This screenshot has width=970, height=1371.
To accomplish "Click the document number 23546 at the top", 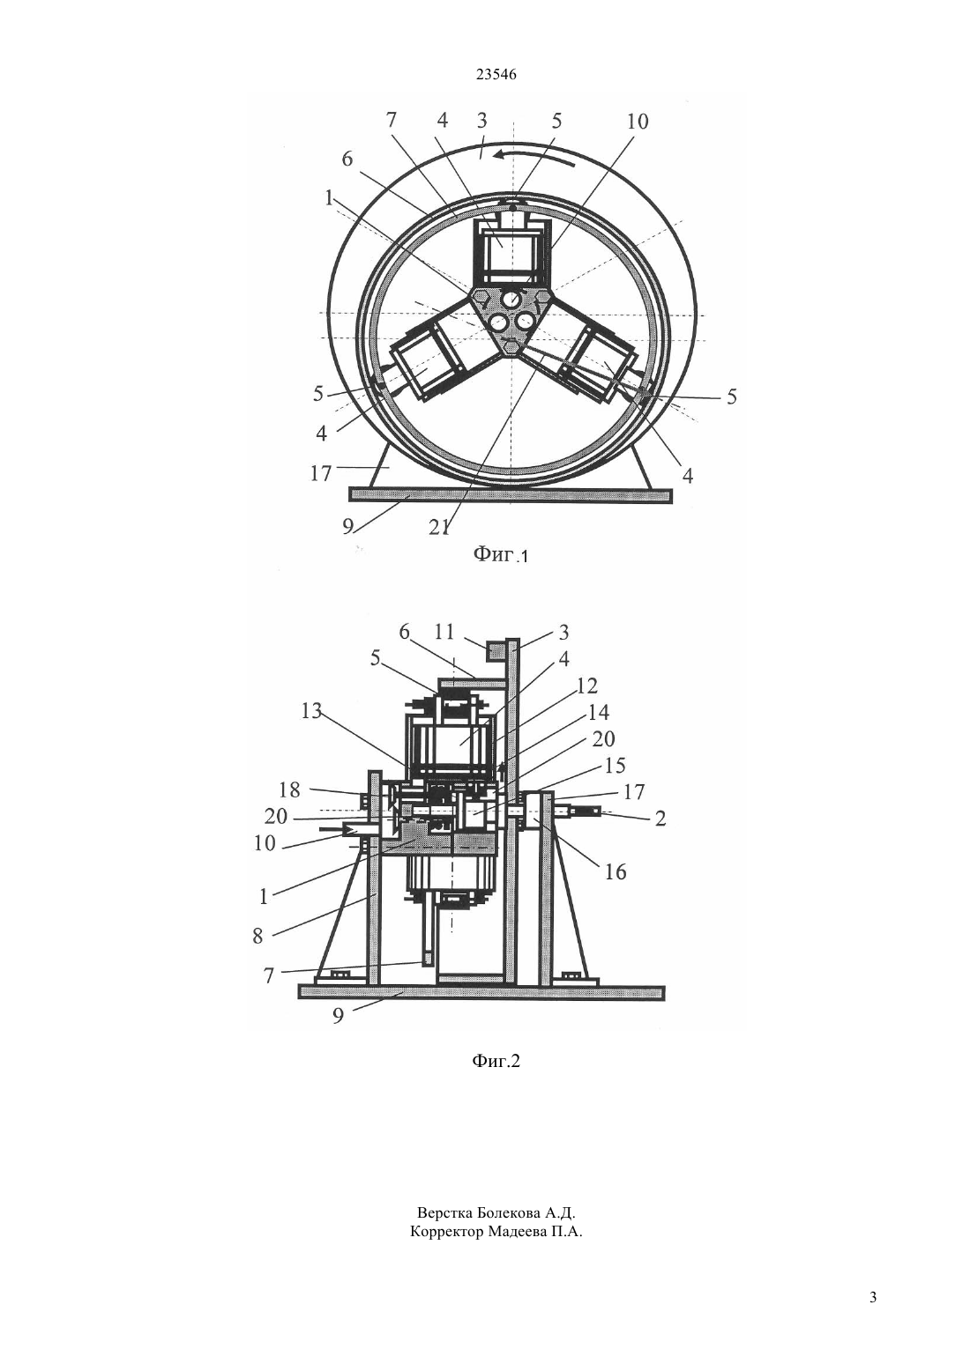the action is click(496, 75).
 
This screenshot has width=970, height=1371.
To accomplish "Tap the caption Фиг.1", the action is click(500, 555).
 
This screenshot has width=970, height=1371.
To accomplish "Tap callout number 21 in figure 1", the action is click(438, 527).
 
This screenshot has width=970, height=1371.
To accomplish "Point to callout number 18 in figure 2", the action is click(289, 789).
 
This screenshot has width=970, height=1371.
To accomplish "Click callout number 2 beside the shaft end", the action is click(660, 819).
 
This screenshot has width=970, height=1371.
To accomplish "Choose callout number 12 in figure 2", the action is click(586, 685).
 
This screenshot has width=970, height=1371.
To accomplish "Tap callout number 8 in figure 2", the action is click(257, 936).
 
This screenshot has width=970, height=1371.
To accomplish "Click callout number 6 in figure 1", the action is click(347, 159).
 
